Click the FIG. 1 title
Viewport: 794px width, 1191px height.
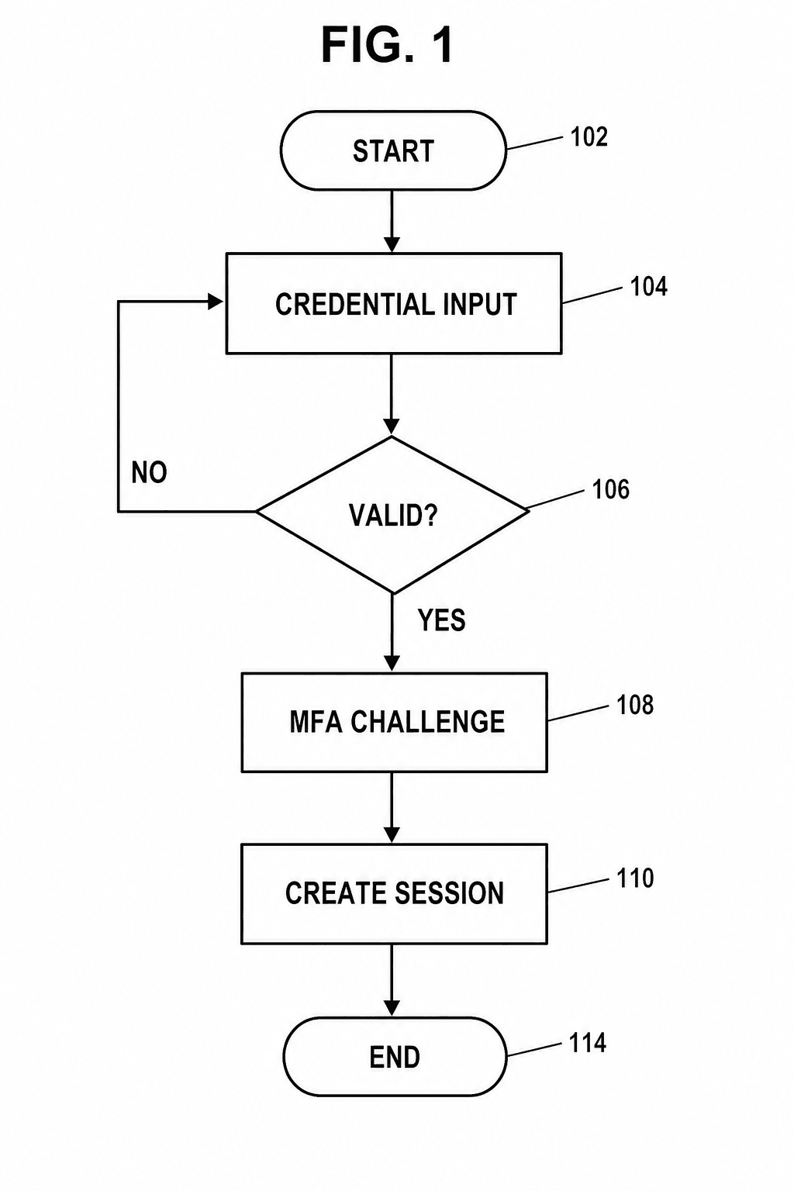click(387, 46)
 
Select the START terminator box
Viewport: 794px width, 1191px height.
click(393, 150)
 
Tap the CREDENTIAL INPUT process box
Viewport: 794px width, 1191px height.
click(394, 304)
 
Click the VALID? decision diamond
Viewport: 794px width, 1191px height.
click(392, 514)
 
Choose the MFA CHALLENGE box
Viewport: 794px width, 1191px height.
click(394, 722)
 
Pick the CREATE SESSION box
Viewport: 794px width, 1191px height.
click(394, 894)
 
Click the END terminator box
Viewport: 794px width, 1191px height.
click(395, 1057)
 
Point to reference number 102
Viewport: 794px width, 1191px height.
click(589, 137)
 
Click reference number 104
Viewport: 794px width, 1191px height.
click(648, 287)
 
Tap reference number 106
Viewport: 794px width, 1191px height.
click(610, 489)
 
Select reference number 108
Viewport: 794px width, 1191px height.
click(635, 705)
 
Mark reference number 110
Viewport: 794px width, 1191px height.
click(635, 878)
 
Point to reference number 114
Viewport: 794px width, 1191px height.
click(588, 1043)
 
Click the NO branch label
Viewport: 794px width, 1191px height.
click(150, 472)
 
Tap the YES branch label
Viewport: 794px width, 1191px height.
click(441, 620)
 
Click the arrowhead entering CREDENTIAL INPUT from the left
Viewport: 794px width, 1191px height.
click(216, 302)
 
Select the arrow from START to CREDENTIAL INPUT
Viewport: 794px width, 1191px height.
click(392, 221)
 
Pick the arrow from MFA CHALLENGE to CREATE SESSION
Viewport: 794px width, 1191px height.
click(392, 808)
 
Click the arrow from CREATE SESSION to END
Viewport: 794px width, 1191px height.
click(392, 980)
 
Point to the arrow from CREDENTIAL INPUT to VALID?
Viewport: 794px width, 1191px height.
click(392, 395)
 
